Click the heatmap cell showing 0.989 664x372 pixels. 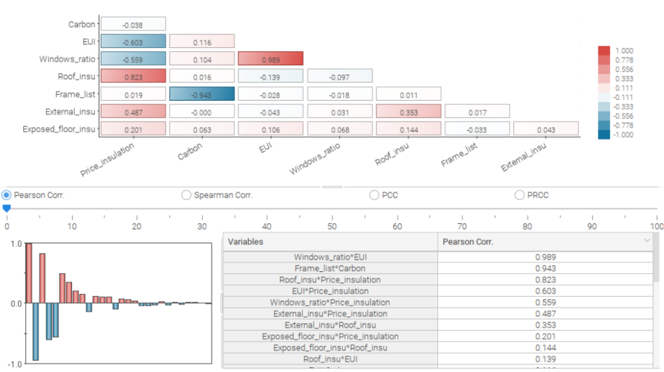click(271, 59)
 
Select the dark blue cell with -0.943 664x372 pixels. click(202, 94)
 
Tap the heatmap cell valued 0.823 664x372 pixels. click(133, 76)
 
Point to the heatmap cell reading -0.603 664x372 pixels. click(133, 41)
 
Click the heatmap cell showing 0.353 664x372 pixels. click(409, 111)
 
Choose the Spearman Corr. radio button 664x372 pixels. click(186, 195)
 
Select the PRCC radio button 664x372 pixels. click(519, 195)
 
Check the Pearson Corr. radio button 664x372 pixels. click(6, 195)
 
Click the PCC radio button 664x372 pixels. click(374, 195)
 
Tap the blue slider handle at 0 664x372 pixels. click(6, 208)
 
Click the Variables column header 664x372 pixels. click(245, 242)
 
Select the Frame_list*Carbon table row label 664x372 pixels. click(330, 268)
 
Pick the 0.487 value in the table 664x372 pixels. click(545, 314)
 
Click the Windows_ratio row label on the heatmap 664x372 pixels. click(68, 59)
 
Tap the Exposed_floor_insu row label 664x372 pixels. click(59, 129)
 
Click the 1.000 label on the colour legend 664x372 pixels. click(624, 51)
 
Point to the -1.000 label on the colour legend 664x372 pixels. click(623, 135)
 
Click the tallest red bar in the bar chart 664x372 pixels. click(29, 273)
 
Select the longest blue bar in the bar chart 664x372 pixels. click(36, 332)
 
